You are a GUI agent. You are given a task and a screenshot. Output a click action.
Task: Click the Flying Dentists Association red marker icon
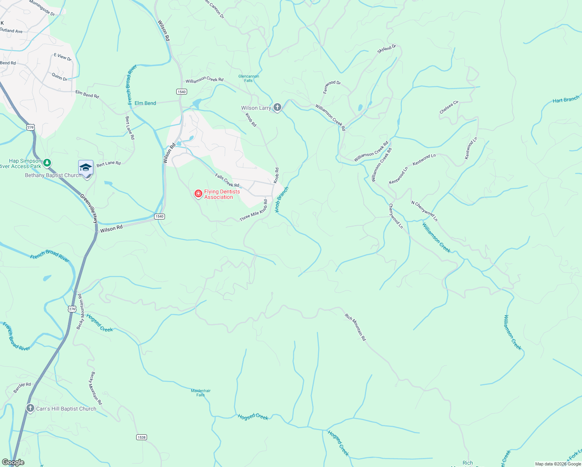[x=198, y=193]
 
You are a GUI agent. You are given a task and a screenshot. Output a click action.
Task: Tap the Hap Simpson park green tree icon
[x=47, y=163]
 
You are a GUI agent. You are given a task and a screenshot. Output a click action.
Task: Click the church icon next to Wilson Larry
[x=277, y=107]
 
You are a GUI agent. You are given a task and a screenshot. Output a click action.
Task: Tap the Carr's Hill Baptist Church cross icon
[x=30, y=408]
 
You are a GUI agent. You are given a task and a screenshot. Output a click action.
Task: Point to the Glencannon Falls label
[x=249, y=78]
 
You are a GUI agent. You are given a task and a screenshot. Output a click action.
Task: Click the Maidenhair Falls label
[x=201, y=393]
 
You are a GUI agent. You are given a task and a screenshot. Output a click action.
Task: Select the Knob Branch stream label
[x=282, y=200]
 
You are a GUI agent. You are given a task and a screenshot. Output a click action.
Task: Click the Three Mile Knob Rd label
[x=254, y=211]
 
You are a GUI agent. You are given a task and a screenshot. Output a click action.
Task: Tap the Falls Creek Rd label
[x=227, y=180]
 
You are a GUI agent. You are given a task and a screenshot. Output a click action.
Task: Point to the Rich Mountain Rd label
[x=356, y=327]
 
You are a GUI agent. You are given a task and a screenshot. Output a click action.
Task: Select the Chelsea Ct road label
[x=449, y=108]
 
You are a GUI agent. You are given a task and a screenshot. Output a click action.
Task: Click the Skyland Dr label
[x=386, y=49]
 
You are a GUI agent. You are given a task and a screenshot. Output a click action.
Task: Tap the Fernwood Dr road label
[x=332, y=87]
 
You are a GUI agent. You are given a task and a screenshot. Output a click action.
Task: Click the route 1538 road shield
[x=141, y=437]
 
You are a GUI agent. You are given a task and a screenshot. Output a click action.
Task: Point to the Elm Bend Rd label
[x=87, y=94]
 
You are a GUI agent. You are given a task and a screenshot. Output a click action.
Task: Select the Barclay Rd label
[x=22, y=387]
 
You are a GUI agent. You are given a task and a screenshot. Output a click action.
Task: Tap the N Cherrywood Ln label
[x=424, y=211]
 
